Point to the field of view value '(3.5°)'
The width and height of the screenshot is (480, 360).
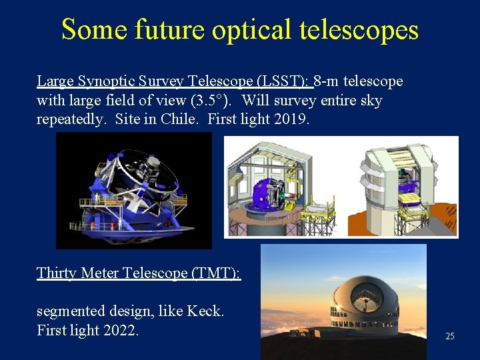(207, 101)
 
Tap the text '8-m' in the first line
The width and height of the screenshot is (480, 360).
(327, 81)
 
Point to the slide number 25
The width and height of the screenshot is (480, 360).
(449, 337)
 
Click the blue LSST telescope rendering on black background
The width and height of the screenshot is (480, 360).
(133, 190)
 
